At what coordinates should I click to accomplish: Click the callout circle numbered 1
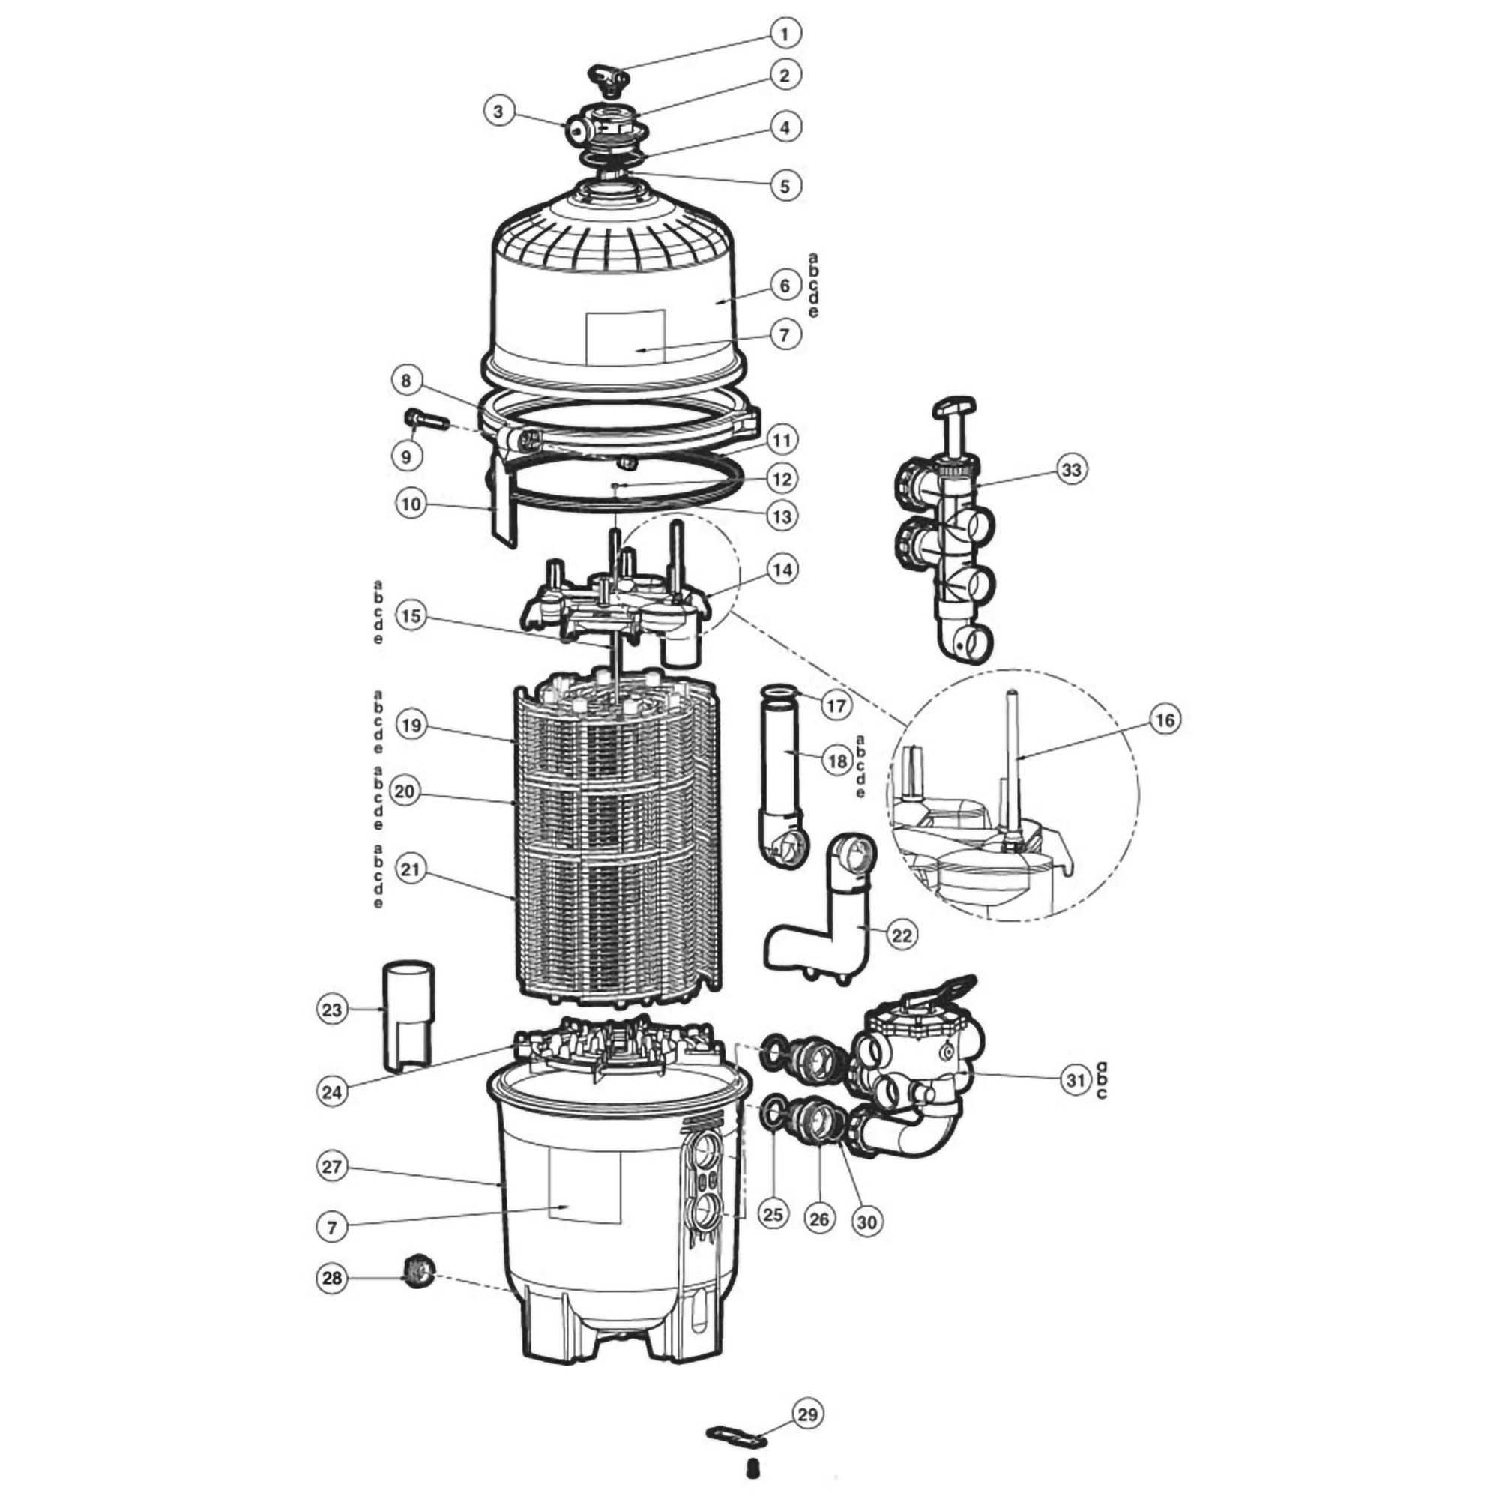click(x=785, y=34)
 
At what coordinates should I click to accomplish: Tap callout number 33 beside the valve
click(x=1072, y=470)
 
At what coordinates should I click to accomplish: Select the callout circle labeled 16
click(x=1165, y=720)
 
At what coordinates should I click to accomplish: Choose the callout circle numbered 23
click(x=332, y=1010)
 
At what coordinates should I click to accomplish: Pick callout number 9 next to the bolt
click(x=405, y=457)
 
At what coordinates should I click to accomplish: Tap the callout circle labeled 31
click(x=1076, y=1081)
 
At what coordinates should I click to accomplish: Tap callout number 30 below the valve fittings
click(x=867, y=1222)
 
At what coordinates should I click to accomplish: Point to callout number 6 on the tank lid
click(x=785, y=286)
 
